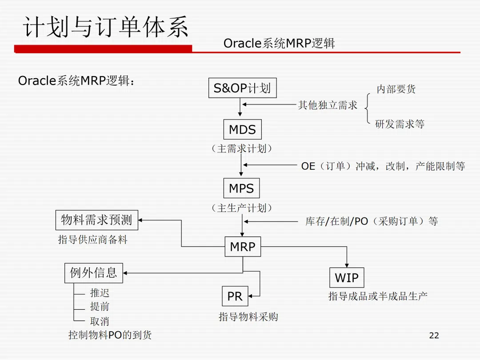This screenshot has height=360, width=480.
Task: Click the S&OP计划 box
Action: pos(242,88)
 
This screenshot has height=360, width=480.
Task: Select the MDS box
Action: pos(242,130)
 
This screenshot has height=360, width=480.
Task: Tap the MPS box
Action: pos(241,188)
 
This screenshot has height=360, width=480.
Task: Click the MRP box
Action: pos(243,247)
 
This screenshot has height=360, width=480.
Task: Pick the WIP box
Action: pos(346,278)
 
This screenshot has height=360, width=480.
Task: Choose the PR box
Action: pos(235,296)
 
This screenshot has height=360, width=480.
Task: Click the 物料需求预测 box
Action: pos(96,220)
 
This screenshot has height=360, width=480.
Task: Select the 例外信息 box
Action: pos(93,272)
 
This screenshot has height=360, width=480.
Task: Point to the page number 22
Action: pos(434,336)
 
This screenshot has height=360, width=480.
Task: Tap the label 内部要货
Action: pos(396,89)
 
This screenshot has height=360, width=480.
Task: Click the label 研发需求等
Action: pos(400,124)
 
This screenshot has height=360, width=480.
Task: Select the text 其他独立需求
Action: pos(328,105)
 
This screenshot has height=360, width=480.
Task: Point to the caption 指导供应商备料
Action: pos(93,240)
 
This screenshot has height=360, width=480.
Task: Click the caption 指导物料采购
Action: pos(248,317)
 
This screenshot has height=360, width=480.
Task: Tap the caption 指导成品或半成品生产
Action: pos(378,296)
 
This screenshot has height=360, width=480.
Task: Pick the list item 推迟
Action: pos(100,293)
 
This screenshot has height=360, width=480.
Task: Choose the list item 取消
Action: pos(100,321)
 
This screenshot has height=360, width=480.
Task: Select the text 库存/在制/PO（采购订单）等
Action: pos(371,221)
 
